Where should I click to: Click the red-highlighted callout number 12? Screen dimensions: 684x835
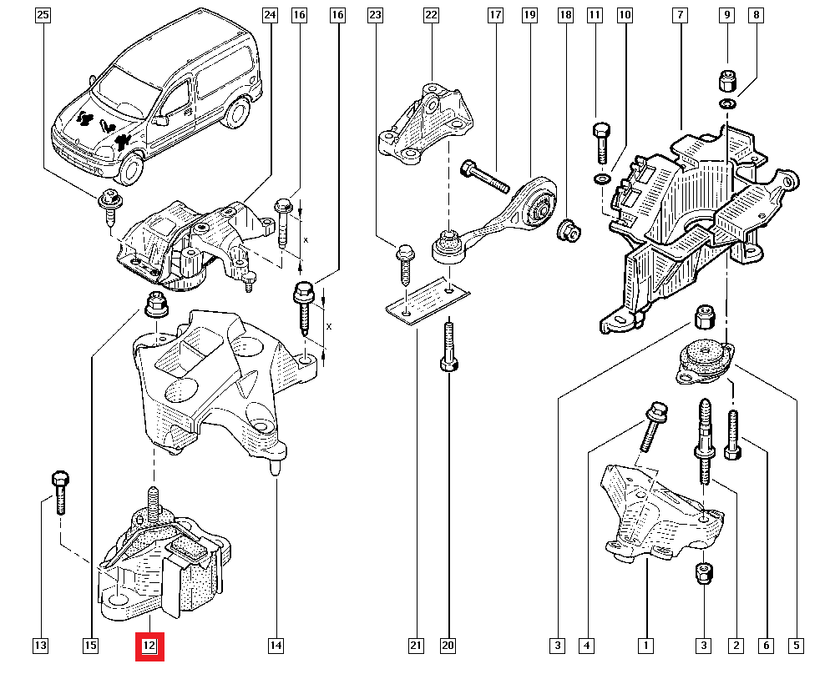[150, 646]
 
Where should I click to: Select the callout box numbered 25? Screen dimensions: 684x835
[43, 15]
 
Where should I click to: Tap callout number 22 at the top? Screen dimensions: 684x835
[431, 15]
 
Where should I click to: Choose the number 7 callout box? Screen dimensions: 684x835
[681, 15]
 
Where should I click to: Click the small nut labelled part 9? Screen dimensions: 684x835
[726, 82]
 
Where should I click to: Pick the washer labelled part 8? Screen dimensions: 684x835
[726, 103]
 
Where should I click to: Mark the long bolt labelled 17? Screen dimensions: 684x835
[484, 176]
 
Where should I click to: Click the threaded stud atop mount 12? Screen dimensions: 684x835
[154, 501]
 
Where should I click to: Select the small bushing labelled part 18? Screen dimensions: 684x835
[570, 229]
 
